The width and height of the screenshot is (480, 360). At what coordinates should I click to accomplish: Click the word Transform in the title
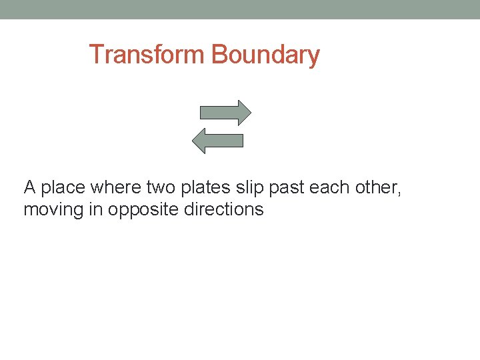(147, 54)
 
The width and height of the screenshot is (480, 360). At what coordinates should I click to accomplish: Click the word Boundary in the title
(265, 54)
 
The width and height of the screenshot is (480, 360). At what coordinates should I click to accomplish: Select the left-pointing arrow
(217, 140)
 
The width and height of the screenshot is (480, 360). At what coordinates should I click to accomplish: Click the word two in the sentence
(161, 188)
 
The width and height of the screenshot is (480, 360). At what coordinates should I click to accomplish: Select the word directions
(224, 209)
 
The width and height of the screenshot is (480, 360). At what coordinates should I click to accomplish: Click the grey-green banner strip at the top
(240, 9)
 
